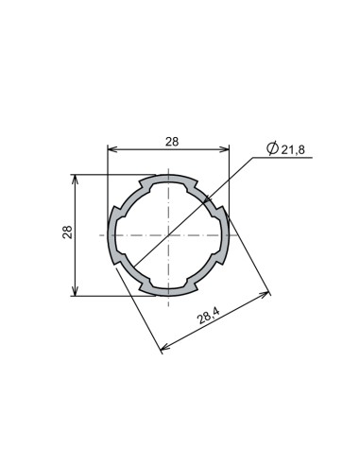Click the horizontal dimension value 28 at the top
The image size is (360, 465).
coord(171,141)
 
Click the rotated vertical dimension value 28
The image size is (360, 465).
coord(67,232)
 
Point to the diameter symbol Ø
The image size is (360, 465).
coord(272,149)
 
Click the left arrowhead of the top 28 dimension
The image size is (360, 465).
coord(111,149)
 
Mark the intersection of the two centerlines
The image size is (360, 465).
coord(169,233)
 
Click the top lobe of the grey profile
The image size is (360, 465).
coord(169,178)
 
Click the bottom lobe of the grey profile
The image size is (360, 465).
coord(169,289)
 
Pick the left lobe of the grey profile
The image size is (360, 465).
coord(112,233)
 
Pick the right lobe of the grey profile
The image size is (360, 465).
coord(225,233)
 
